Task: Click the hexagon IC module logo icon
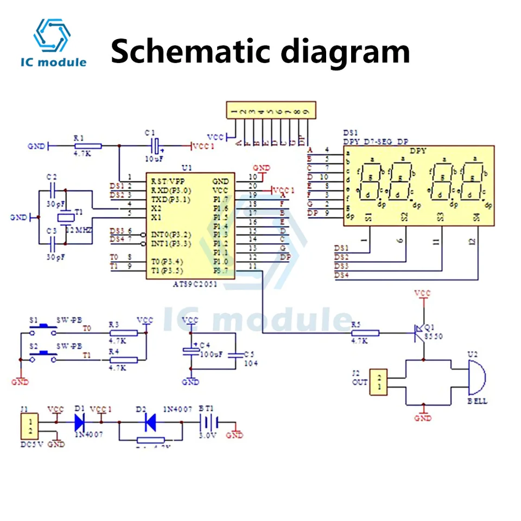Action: pos(52,36)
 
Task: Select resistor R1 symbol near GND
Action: pos(87,145)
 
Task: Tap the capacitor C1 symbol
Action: pos(156,145)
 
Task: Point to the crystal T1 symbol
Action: pos(65,217)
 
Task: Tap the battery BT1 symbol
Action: pos(209,422)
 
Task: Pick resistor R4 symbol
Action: pos(122,359)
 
